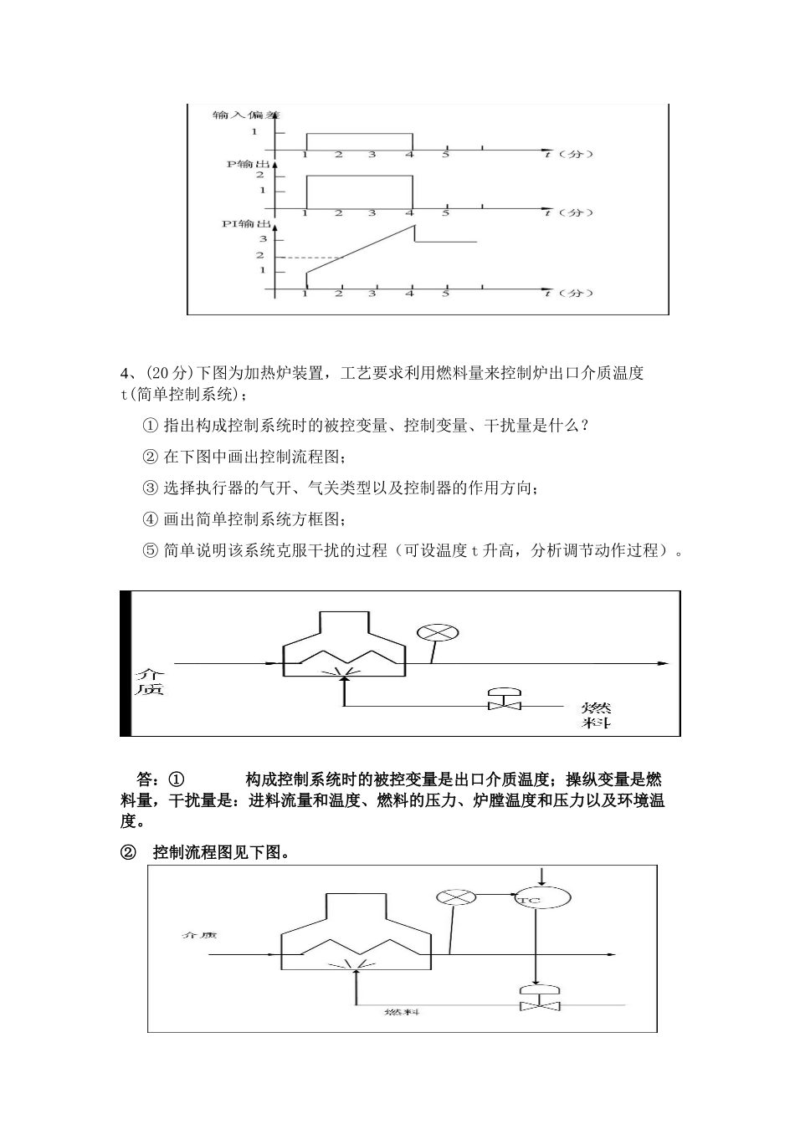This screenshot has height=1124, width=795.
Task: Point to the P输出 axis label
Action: coord(247,165)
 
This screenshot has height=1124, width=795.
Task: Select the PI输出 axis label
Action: coord(245,224)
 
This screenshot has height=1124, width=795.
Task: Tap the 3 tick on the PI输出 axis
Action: coord(261,239)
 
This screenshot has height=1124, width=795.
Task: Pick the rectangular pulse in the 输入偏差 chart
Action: coord(360,134)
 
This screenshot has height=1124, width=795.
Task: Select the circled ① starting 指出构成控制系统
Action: coord(151,426)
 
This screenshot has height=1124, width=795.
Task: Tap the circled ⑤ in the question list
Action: coord(151,551)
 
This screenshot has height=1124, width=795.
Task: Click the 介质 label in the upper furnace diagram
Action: coord(151,682)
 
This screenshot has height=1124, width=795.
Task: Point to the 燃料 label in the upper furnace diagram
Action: coord(595,713)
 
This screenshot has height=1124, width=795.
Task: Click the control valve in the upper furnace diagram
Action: coord(505,700)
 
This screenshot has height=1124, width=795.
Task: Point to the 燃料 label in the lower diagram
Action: coord(401,1012)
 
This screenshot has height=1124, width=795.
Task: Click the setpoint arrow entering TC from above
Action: coord(541,875)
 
